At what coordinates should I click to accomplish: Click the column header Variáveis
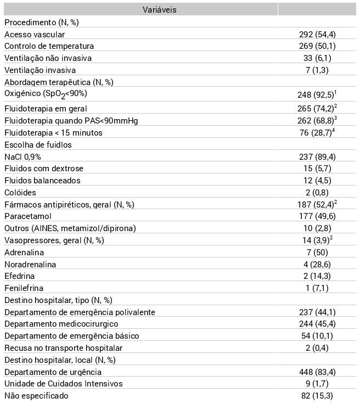[x=159, y=10]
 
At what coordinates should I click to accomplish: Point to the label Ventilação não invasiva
[x=48, y=58]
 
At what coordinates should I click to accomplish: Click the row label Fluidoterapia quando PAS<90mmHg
[x=71, y=120]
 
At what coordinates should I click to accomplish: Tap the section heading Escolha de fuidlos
[x=38, y=145]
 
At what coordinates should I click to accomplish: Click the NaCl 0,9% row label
[x=22, y=157]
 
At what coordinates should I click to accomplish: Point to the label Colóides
[x=20, y=193]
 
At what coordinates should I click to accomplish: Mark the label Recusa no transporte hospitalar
[x=63, y=348]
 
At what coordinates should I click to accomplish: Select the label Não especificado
[x=36, y=396]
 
